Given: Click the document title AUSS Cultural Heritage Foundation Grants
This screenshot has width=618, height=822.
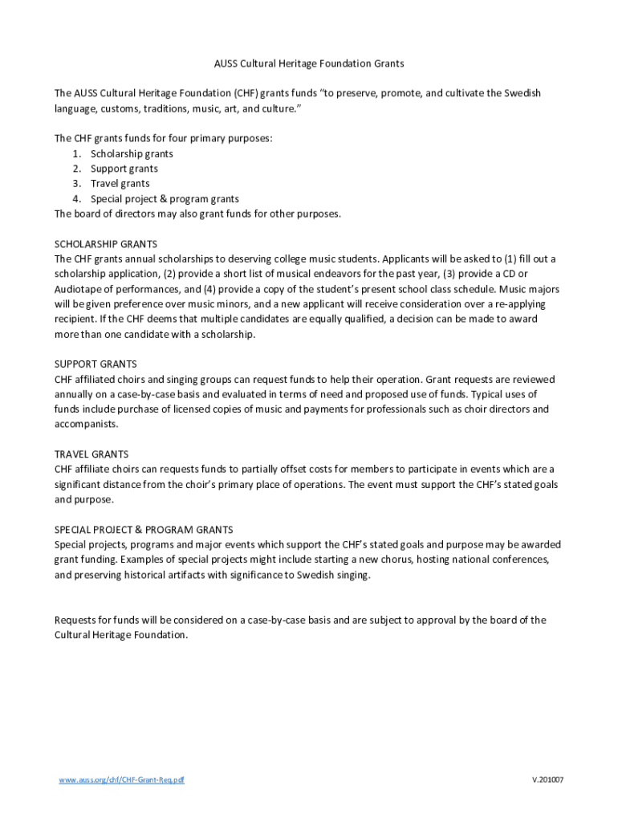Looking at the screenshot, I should coord(309,63).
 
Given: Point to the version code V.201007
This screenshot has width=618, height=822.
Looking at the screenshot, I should coord(548,779).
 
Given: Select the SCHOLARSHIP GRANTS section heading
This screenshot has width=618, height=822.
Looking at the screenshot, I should coord(105,243).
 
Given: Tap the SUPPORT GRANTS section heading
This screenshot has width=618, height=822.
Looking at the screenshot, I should coord(96,364).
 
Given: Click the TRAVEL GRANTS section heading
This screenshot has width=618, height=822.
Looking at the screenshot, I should coord(91,454).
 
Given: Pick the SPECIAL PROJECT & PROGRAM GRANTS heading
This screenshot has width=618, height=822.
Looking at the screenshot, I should coord(144,530).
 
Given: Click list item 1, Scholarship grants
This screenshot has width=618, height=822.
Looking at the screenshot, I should coord(132,153).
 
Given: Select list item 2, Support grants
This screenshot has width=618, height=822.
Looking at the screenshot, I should coord(124,169).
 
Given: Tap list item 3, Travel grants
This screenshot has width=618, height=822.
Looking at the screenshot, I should coord(120,183).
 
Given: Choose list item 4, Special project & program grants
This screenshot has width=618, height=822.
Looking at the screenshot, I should coord(165,198).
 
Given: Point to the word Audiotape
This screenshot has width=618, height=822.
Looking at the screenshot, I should coord(79,289).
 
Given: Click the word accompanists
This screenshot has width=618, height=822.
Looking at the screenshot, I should coord(87,424).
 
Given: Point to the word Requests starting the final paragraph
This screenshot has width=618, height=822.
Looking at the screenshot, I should coord(76,620).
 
